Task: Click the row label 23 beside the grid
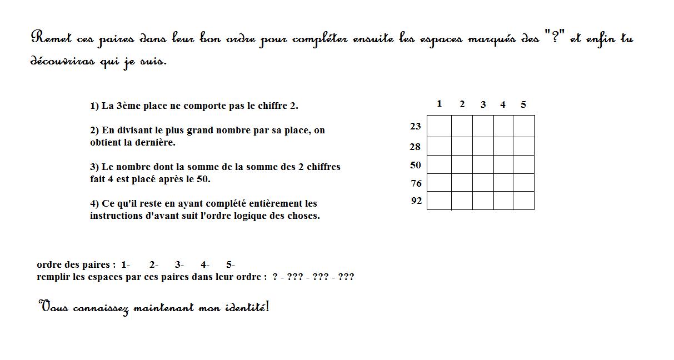tap(416, 127)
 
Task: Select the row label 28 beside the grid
tap(416, 147)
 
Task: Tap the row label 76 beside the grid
tap(416, 184)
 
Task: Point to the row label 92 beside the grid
tap(417, 201)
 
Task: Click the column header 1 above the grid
tap(440, 104)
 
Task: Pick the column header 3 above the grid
tap(483, 104)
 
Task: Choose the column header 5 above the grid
tap(523, 104)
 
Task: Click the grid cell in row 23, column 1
tap(439, 126)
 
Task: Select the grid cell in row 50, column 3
tap(483, 164)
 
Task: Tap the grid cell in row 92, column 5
tap(523, 201)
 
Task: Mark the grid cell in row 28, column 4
tap(503, 146)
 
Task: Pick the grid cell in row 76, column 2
tap(462, 183)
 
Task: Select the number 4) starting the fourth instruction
tap(94, 204)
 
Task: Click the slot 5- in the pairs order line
tap(231, 265)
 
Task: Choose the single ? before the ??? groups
tap(275, 277)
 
